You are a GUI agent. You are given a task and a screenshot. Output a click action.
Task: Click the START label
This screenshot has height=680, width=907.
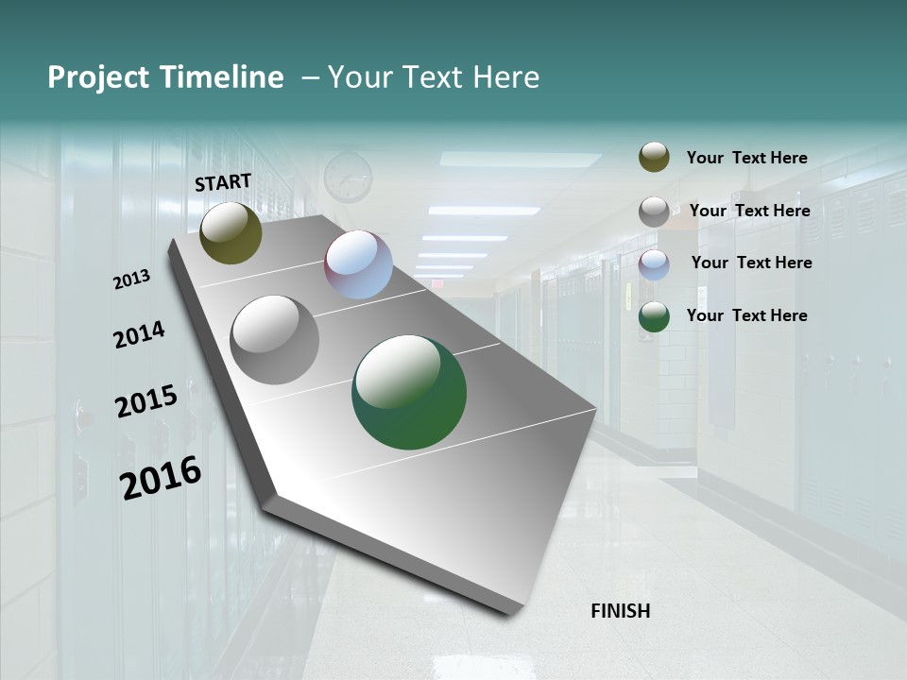point(223,182)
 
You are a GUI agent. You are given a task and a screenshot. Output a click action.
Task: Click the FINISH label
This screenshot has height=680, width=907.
point(620,611)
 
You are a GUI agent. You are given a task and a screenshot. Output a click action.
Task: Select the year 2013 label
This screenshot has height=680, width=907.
point(132,280)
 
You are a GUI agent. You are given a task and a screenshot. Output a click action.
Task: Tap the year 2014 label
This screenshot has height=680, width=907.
point(140,334)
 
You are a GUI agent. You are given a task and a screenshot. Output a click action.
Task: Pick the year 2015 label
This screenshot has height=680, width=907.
point(146,401)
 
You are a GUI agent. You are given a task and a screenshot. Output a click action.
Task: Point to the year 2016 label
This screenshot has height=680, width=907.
point(161,477)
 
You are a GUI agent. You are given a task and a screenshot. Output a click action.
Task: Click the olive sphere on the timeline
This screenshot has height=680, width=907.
point(231,232)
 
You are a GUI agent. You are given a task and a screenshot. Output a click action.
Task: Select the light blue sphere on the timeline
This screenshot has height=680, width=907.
point(358,264)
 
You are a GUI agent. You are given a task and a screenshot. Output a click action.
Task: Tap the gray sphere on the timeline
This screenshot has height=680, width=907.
point(275,340)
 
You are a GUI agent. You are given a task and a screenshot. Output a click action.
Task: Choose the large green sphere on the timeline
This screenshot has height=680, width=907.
point(409,392)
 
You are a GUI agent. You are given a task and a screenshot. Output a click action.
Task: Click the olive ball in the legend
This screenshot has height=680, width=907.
point(654,158)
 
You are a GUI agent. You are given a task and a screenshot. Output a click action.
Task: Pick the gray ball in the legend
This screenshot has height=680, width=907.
point(654,212)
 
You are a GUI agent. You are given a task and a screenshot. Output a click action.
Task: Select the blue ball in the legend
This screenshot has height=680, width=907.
point(654,264)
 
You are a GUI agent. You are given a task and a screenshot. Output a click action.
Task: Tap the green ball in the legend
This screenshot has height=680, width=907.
point(654,316)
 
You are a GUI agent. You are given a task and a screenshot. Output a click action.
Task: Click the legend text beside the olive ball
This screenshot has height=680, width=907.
point(746,158)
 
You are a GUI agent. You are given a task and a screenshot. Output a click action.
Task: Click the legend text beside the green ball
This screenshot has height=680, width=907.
point(746,315)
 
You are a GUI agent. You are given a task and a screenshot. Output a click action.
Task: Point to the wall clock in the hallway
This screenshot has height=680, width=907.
point(348,177)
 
